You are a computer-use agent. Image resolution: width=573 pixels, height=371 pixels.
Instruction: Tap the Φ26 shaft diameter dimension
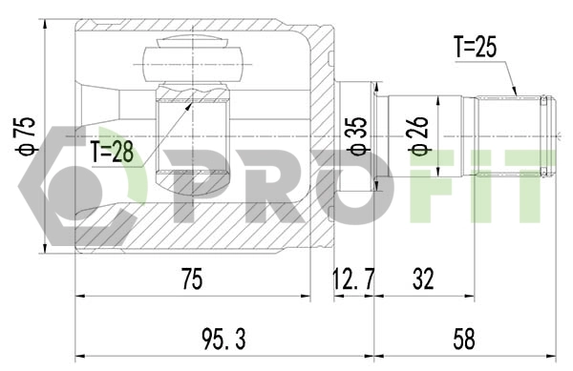418,135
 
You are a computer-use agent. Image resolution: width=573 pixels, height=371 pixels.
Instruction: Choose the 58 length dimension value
464,338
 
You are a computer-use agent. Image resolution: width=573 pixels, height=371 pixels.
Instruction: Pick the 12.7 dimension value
353,279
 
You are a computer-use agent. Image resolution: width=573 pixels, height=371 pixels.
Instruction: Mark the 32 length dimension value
423,279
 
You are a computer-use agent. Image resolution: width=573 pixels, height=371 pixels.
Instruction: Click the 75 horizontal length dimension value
192,279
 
